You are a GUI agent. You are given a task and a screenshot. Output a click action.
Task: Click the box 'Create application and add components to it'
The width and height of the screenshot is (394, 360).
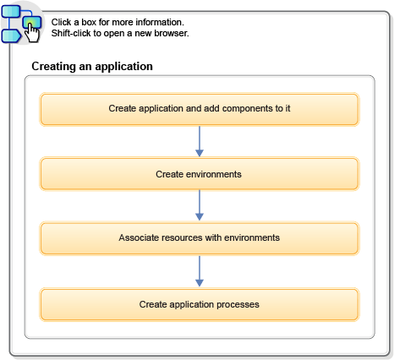click(x=200, y=109)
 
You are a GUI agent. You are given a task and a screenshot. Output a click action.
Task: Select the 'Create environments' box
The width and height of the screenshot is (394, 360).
click(x=200, y=174)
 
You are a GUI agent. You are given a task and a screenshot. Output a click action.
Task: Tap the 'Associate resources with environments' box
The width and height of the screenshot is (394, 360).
click(x=200, y=238)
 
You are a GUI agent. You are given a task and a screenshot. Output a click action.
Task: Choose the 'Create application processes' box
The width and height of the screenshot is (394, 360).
click(x=200, y=303)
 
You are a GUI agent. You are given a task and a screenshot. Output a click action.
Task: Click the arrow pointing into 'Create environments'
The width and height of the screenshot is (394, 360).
click(x=200, y=142)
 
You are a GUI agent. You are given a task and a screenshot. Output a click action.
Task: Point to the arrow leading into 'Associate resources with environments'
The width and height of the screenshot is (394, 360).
click(x=200, y=206)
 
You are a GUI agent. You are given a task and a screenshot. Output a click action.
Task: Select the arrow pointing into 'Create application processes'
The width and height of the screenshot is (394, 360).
click(x=200, y=271)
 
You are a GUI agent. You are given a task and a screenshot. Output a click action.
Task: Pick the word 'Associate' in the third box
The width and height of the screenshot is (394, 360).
click(x=139, y=238)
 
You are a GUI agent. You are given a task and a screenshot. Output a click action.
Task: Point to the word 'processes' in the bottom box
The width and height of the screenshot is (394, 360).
click(x=239, y=303)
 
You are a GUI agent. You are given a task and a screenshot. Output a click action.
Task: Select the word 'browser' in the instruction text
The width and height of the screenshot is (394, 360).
click(x=172, y=33)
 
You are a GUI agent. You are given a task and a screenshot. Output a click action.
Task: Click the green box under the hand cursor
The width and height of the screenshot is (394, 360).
click(x=30, y=21)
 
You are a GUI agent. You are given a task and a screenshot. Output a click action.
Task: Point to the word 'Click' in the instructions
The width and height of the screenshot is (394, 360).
click(x=62, y=22)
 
